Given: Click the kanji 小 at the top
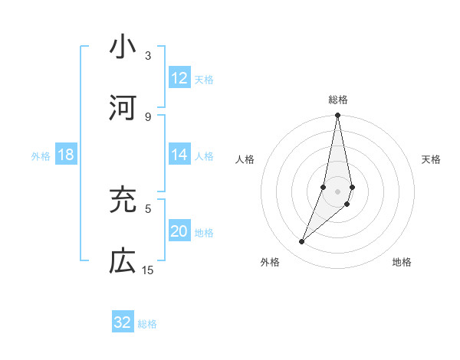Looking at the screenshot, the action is coord(123,47).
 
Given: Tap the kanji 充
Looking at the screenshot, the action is coord(123,201).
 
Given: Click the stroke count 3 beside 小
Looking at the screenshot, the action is coord(148,56).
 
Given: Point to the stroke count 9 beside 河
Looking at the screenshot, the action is coord(148,116).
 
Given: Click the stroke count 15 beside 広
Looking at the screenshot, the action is coord(148,270).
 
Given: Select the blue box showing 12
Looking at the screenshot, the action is coord(179,78).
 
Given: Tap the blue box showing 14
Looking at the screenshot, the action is coord(179,155).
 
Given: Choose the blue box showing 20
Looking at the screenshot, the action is coord(179,231).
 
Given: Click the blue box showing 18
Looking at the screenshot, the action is coord(66,155).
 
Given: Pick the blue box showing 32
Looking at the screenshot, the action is coord(123,322).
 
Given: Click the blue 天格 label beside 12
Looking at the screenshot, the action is coord(204,79).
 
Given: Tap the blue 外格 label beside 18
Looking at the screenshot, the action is coord(41,155).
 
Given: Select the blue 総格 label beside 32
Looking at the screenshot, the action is coord(147,323).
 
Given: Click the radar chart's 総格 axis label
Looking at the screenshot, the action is coord(338,100).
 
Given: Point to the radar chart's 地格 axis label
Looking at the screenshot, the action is coord(402,262).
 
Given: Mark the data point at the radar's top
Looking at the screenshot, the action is coord(337,116).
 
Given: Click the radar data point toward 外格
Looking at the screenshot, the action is coord(302,242).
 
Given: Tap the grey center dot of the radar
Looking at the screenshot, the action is coord(337,191).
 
